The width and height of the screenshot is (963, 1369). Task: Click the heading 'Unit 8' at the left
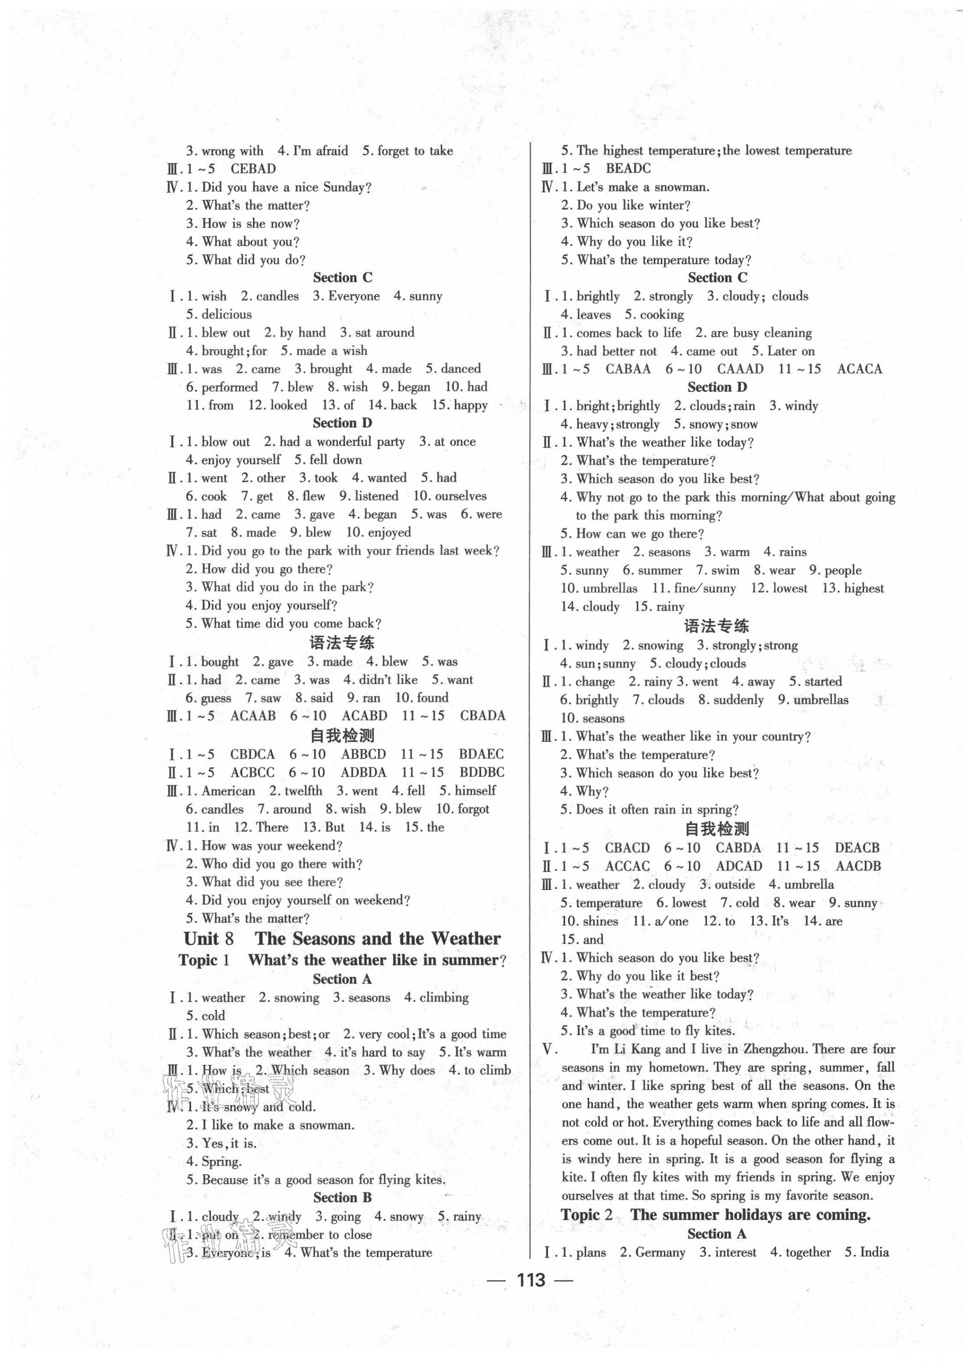209,938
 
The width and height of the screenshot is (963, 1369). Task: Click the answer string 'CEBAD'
253,169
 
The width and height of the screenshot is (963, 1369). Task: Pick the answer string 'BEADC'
628,169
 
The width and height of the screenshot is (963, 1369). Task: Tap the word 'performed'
229,387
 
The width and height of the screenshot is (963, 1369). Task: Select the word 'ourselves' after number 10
460,496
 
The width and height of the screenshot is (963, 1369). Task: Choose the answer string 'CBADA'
482,715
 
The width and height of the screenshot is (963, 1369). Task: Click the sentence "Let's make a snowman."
643,187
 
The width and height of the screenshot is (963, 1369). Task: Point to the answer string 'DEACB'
857,848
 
